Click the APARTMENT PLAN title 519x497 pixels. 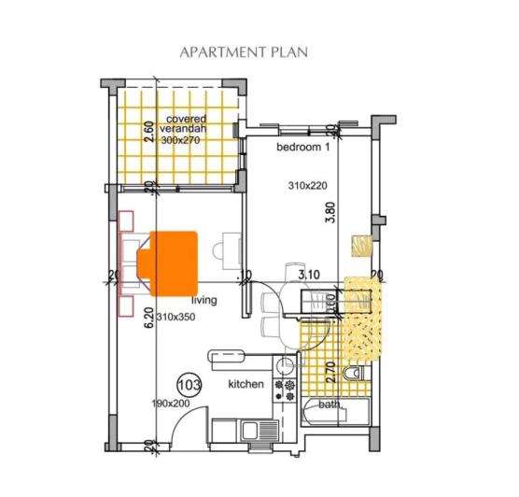(x=244, y=52)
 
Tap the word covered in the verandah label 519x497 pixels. (x=186, y=119)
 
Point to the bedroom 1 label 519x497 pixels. (x=303, y=149)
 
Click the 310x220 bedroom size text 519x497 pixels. (x=307, y=187)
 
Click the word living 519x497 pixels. (x=204, y=301)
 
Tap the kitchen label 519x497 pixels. (x=246, y=384)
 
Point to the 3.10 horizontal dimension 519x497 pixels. (x=308, y=275)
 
